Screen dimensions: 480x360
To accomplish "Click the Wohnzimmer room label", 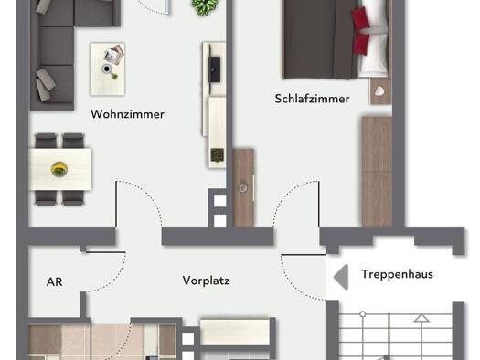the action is (x=127, y=114).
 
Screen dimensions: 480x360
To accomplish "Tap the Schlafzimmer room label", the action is (x=312, y=99).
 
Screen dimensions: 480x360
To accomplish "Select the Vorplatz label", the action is (x=206, y=281).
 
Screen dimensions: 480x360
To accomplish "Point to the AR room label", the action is (x=55, y=281).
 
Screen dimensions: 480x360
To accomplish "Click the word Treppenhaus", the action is (x=397, y=274).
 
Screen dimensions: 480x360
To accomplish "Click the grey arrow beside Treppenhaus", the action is (x=341, y=277).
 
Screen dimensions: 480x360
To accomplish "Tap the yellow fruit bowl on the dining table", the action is (x=59, y=169).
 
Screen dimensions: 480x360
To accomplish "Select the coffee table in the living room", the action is (x=108, y=69).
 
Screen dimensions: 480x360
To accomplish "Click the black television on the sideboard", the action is (x=214, y=69).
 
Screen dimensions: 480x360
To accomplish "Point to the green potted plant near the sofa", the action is (x=205, y=6).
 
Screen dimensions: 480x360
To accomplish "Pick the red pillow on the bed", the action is (x=360, y=30).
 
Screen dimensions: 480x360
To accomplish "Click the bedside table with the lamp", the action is (x=379, y=91).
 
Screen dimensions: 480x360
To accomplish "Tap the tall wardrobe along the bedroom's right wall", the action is (x=377, y=171).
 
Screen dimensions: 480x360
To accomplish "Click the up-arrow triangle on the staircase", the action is (x=421, y=318).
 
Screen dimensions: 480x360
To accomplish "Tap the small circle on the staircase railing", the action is (x=363, y=313).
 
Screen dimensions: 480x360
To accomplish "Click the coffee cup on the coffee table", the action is (x=106, y=69).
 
